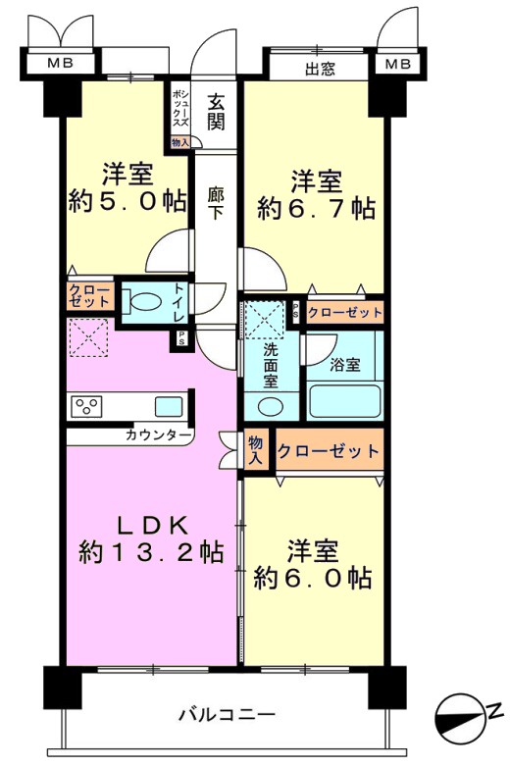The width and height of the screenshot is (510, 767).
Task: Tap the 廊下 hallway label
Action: click(215, 203)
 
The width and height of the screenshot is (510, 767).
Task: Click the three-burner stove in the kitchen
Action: click(86, 406)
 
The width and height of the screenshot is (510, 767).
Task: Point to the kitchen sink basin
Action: click(169, 406)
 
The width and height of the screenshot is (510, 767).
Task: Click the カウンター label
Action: click(158, 435)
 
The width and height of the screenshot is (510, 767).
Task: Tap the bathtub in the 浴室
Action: click(344, 400)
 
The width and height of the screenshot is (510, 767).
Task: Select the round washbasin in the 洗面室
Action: click(269, 407)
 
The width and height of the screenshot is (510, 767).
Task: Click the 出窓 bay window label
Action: click(321, 69)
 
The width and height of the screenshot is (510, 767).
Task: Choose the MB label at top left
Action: click(60, 63)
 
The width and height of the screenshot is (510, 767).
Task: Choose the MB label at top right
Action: click(397, 64)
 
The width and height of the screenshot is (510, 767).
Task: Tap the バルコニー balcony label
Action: click(227, 716)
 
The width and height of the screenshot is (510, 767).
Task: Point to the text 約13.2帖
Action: click(152, 552)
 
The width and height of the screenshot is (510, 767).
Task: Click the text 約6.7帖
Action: click(317, 209)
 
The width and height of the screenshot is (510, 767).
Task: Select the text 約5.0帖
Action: click(127, 201)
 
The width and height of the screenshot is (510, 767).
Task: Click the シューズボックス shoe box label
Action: click(179, 110)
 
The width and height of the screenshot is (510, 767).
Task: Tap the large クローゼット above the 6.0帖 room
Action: click(329, 450)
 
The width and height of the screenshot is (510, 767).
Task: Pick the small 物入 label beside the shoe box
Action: click(179, 142)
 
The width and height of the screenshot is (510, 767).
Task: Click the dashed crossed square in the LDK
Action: click(88, 337)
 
